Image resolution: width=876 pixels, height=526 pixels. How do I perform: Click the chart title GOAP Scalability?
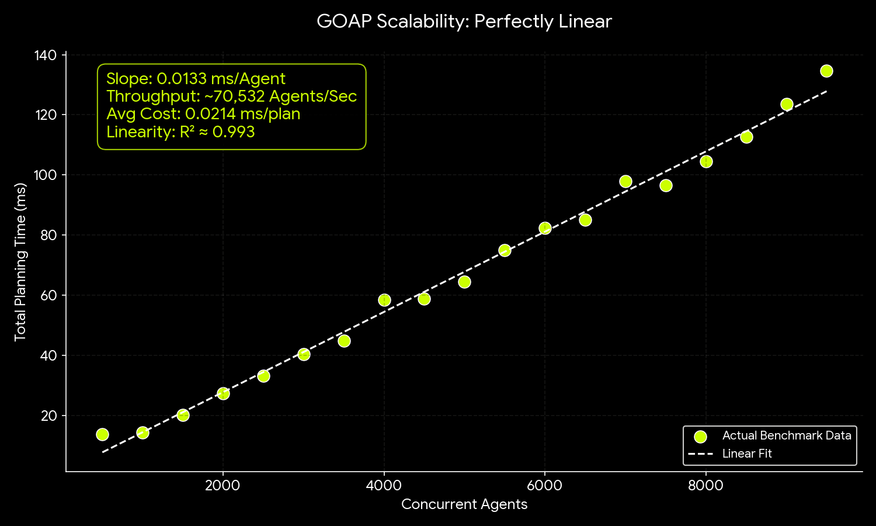coord(464,22)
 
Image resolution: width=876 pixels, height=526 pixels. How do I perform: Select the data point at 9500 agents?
coord(826,71)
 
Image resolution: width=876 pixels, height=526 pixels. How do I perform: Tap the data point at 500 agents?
coord(102,434)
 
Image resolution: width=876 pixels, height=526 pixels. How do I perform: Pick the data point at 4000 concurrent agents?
coord(384,300)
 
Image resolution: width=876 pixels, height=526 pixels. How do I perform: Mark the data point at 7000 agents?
coord(625,181)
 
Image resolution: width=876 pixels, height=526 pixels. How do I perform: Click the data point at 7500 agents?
coord(666,185)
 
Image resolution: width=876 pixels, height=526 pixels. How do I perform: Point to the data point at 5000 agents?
coord(464,282)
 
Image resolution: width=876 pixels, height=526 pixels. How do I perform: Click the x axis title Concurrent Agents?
coord(464,504)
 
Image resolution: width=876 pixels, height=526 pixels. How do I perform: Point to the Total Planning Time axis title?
coord(21,262)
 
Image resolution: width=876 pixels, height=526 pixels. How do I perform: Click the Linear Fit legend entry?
coord(747,454)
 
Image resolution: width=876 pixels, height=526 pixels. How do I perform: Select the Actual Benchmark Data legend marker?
coord(701,436)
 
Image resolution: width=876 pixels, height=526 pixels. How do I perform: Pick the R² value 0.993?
coord(234,132)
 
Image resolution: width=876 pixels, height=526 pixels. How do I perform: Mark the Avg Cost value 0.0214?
coord(210,114)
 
